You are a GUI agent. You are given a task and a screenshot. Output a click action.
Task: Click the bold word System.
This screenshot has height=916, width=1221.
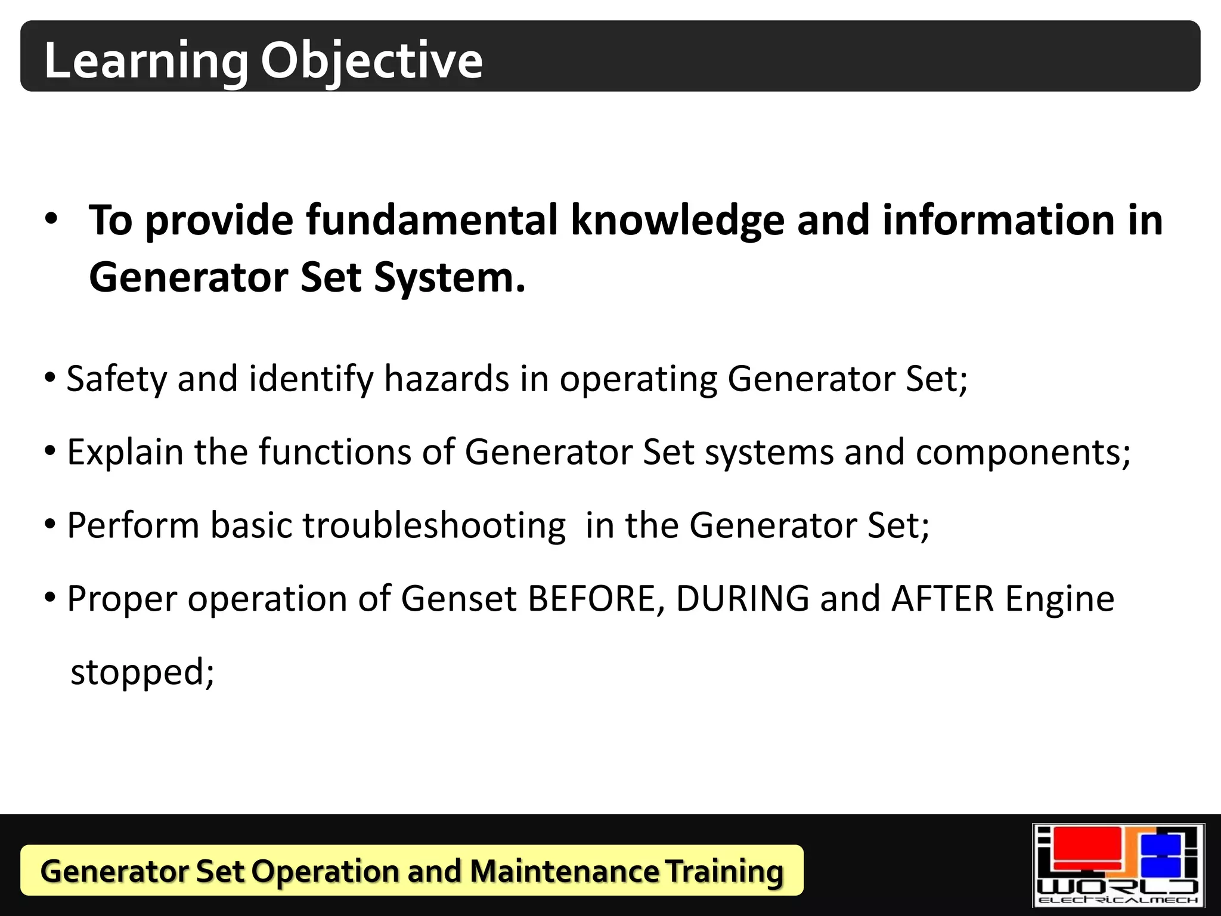click(450, 278)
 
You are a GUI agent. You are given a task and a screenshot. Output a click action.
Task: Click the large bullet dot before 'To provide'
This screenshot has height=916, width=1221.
click(51, 218)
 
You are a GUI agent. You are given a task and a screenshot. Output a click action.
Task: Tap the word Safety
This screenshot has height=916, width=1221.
click(117, 379)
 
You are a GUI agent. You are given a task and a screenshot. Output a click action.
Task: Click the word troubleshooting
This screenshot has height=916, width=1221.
click(434, 525)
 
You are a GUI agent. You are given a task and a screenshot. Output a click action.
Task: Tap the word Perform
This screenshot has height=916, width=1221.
click(133, 525)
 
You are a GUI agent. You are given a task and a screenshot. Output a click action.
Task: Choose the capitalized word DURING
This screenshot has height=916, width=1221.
click(742, 599)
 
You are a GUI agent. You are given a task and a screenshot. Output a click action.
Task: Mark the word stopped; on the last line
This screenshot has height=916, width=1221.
click(142, 672)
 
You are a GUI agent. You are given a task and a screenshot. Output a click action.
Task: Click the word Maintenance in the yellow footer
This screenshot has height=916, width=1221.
click(564, 871)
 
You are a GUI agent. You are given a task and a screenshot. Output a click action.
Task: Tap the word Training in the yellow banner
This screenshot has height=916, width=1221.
click(724, 871)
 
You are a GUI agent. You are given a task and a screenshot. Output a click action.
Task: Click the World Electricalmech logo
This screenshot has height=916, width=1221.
click(1118, 865)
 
